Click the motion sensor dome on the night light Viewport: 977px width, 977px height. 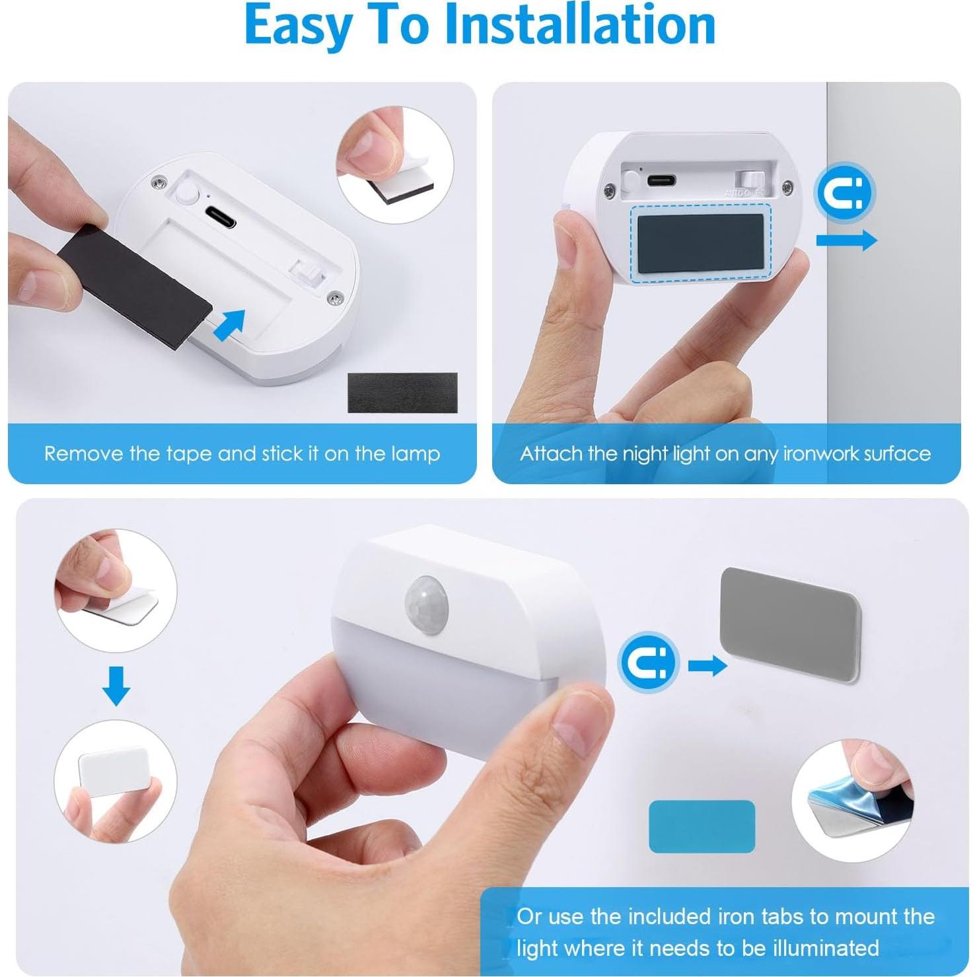pyautogui.click(x=427, y=604)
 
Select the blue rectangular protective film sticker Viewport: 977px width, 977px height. pyautogui.click(x=702, y=826)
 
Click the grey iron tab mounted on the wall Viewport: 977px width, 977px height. pyautogui.click(x=790, y=623)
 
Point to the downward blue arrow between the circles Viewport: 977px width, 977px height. pyautogui.click(x=116, y=686)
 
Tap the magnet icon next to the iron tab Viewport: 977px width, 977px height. pyautogui.click(x=649, y=661)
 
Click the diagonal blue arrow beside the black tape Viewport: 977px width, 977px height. pyautogui.click(x=230, y=325)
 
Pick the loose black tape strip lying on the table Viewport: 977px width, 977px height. pyautogui.click(x=402, y=393)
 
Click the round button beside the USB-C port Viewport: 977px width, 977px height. pyautogui.click(x=186, y=194)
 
